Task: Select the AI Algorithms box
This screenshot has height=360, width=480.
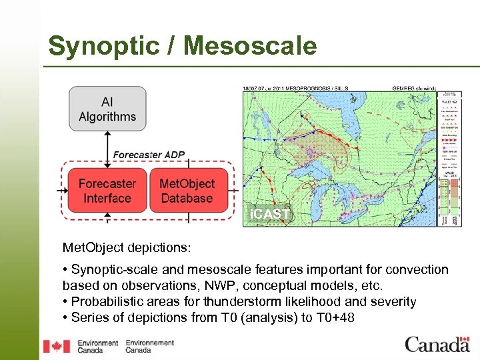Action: pyautogui.click(x=107, y=109)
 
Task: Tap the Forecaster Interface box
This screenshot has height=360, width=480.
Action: pyautogui.click(x=107, y=191)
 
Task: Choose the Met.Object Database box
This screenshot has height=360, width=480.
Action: pyautogui.click(x=187, y=191)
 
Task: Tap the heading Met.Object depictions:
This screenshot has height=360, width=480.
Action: pyautogui.click(x=127, y=247)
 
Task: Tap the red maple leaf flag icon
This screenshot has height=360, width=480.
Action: pyautogui.click(x=57, y=346)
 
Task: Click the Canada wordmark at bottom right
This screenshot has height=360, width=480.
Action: pyautogui.click(x=437, y=345)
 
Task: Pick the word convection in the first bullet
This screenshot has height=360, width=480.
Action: pyautogui.click(x=417, y=270)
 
